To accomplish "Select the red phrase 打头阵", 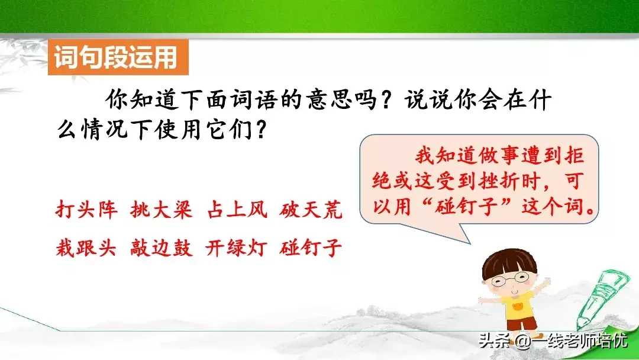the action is tap(87, 210).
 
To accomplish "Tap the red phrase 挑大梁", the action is tap(162, 210).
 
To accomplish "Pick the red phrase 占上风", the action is tap(237, 210).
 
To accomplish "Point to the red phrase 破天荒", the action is tap(311, 210).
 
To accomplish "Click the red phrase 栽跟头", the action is tap(86, 247).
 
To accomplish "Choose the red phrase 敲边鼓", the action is tap(162, 247).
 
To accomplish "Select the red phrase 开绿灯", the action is tap(236, 247).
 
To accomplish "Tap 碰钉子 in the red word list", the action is tap(311, 247).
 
